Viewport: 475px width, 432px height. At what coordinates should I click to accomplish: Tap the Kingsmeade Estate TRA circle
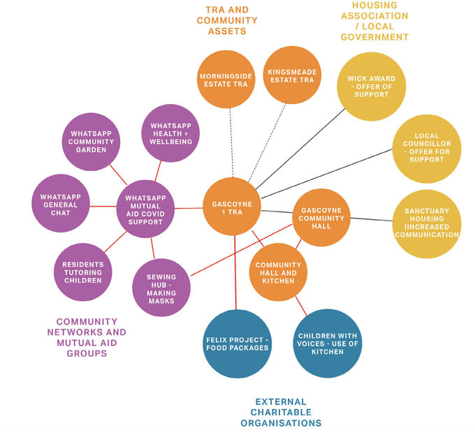pos(292,75)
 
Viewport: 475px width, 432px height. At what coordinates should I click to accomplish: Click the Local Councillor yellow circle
pos(427,149)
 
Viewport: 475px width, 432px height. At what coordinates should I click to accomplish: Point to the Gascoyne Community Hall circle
pos(321,216)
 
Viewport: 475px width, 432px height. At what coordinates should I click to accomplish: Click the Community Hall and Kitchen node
pos(278,272)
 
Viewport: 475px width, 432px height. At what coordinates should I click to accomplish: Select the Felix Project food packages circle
pos(237,343)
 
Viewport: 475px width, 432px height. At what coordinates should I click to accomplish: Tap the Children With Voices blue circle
pos(327,343)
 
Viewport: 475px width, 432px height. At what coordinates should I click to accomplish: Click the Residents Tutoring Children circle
pos(82,271)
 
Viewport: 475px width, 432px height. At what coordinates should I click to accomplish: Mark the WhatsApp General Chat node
pos(61,203)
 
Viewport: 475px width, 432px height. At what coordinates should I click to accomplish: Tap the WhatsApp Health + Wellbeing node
pos(170,133)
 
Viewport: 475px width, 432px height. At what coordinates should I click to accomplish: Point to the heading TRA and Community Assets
pos(226,21)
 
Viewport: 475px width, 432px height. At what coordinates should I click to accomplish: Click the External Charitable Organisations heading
pos(281,412)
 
